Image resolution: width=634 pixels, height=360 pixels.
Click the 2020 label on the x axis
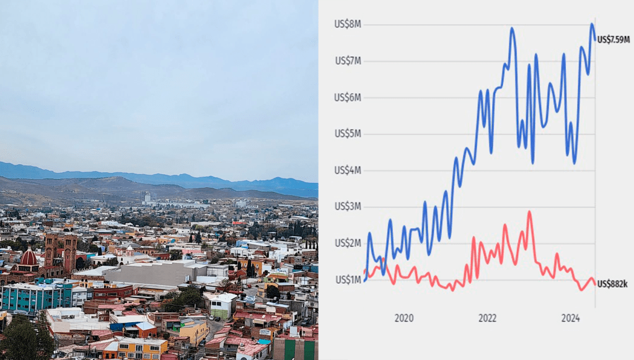[x=403, y=318]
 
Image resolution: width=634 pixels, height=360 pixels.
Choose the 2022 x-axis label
[x=487, y=318]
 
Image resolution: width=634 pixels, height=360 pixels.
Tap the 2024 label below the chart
[x=570, y=318]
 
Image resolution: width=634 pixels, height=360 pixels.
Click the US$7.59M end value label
[x=614, y=40]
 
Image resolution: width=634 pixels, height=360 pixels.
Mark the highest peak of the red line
[x=529, y=213]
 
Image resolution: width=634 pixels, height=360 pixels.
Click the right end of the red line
[x=595, y=284]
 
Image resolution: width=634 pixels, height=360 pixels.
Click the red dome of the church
[x=29, y=257]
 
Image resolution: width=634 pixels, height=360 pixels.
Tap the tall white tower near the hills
[x=146, y=197]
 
